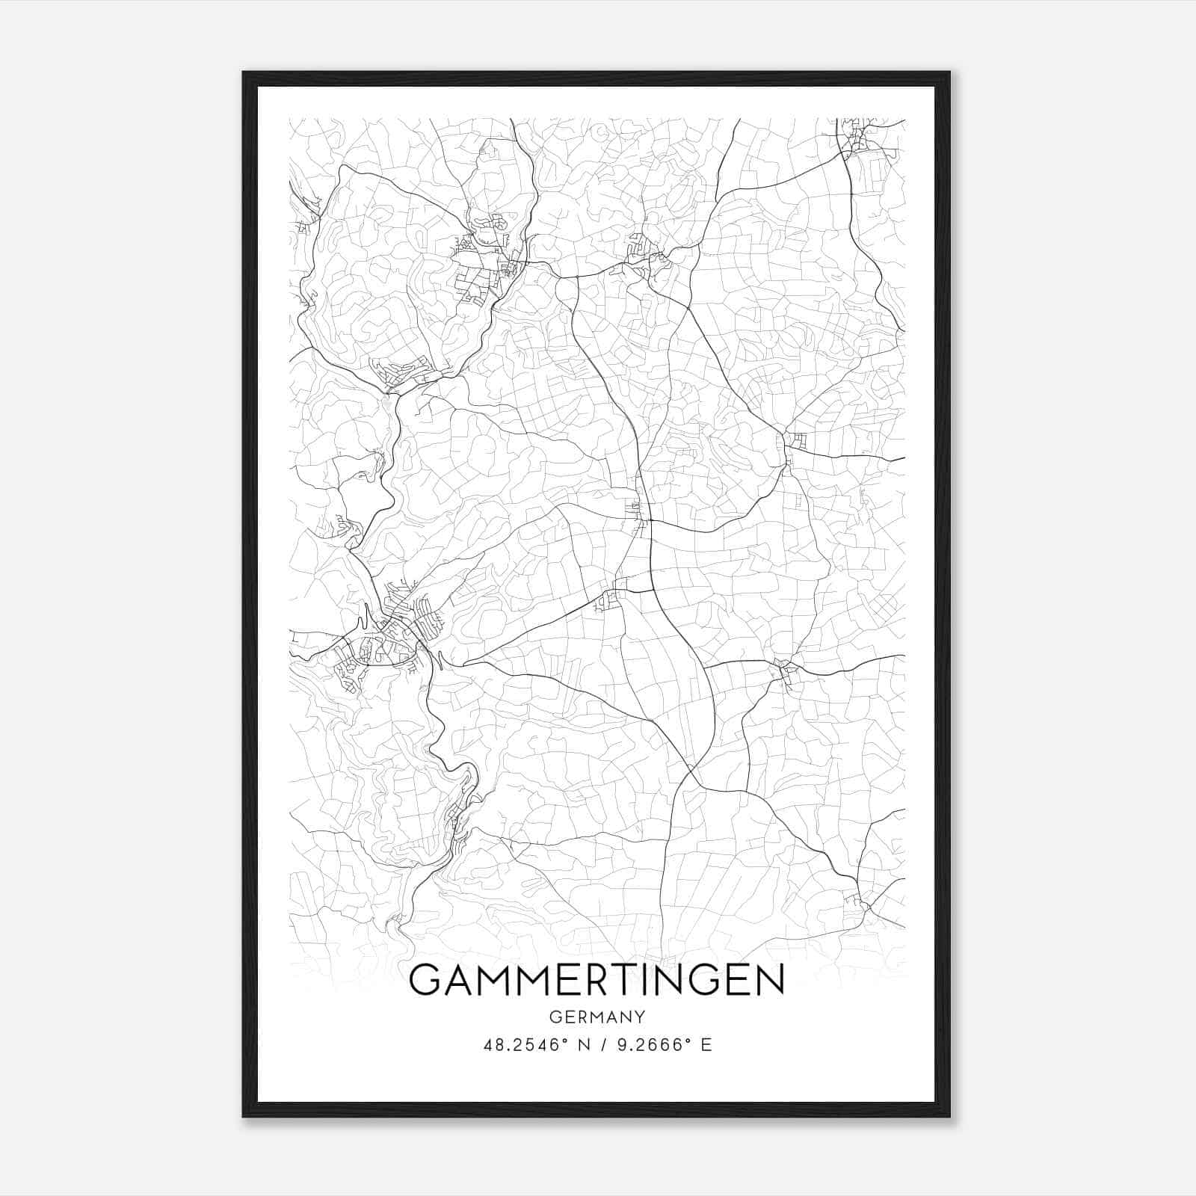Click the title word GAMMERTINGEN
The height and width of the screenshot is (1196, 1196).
click(597, 980)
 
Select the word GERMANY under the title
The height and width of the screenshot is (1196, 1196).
click(597, 1017)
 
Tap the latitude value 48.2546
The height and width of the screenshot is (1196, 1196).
click(520, 1045)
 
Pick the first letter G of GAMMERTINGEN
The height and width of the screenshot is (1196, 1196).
click(425, 980)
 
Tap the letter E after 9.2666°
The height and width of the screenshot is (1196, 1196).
click(706, 1045)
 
